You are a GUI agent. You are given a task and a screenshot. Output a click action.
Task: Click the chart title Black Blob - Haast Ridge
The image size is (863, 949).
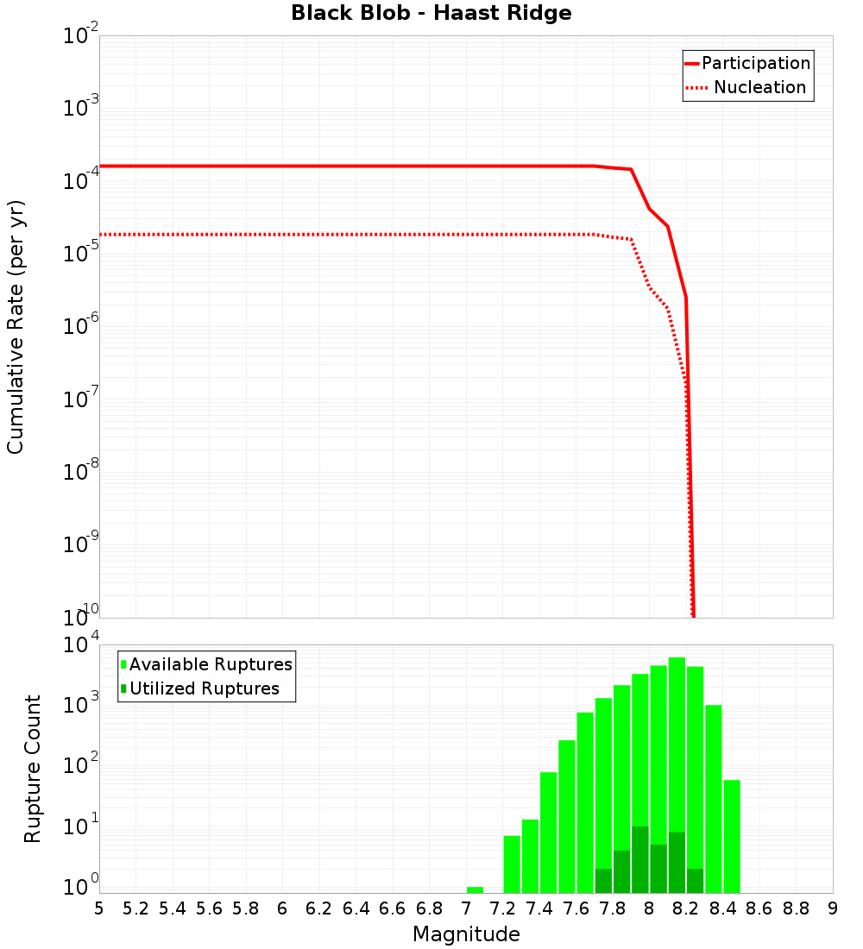click(431, 13)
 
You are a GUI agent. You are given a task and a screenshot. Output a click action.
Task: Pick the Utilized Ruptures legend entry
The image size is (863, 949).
click(204, 688)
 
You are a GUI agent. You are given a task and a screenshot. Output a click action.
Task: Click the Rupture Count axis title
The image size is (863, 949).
click(33, 769)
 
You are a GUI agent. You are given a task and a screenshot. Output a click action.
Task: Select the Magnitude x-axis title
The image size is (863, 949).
click(466, 934)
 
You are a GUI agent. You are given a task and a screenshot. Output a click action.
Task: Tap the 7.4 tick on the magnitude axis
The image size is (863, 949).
click(539, 908)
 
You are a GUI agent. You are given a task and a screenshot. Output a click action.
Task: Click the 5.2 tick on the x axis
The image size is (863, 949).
click(136, 908)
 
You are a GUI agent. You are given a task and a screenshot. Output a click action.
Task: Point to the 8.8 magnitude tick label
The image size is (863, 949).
click(796, 908)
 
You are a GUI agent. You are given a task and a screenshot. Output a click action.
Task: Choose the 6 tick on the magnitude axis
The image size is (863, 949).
click(282, 908)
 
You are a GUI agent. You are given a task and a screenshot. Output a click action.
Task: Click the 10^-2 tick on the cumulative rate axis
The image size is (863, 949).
click(81, 37)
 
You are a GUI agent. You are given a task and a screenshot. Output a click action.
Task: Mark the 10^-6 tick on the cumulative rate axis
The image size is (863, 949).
click(81, 327)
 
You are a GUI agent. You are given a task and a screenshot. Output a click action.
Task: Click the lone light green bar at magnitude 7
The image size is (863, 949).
click(475, 889)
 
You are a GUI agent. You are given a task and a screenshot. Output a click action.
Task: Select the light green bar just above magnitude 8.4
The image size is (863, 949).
click(732, 836)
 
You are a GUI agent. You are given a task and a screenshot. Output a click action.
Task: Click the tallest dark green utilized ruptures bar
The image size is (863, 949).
click(639, 859)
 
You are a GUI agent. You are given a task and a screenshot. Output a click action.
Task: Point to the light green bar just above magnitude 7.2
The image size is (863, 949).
click(512, 864)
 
